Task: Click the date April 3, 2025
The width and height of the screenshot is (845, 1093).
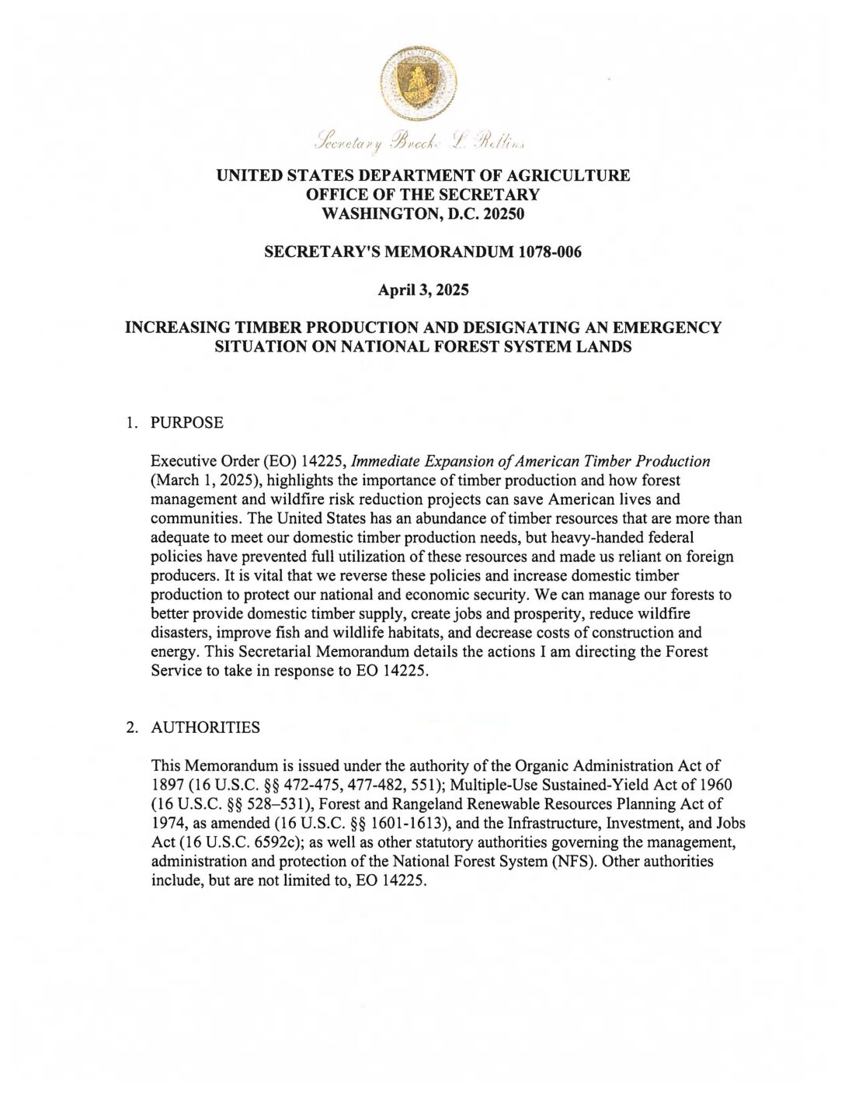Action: click(x=422, y=291)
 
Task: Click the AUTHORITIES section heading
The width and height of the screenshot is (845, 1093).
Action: click(x=205, y=727)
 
